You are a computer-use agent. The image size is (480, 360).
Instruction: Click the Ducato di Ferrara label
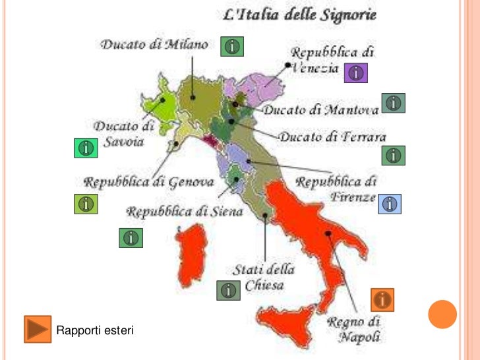tap(332, 137)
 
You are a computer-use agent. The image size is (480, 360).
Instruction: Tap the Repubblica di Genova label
tap(149, 181)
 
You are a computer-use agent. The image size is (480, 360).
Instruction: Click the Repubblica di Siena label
tap(185, 212)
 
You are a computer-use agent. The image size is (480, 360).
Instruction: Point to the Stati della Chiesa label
tap(264, 278)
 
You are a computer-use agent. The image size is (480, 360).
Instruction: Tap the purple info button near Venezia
tap(355, 73)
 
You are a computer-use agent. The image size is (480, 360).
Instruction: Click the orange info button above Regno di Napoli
tap(382, 300)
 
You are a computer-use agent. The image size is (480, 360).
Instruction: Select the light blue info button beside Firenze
tap(390, 204)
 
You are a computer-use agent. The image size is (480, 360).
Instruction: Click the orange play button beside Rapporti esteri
tap(37, 328)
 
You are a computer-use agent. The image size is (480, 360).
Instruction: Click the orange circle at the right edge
tap(442, 314)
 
